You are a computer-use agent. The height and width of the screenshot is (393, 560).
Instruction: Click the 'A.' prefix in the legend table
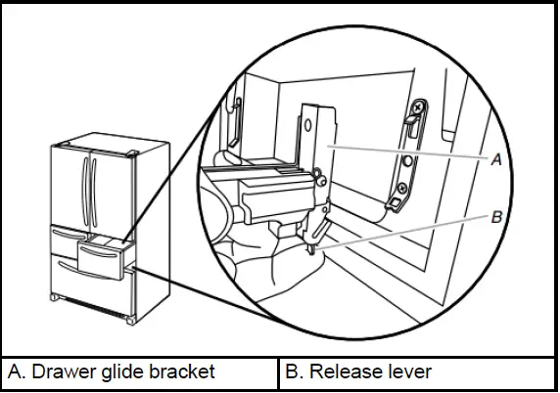pos(17,372)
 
